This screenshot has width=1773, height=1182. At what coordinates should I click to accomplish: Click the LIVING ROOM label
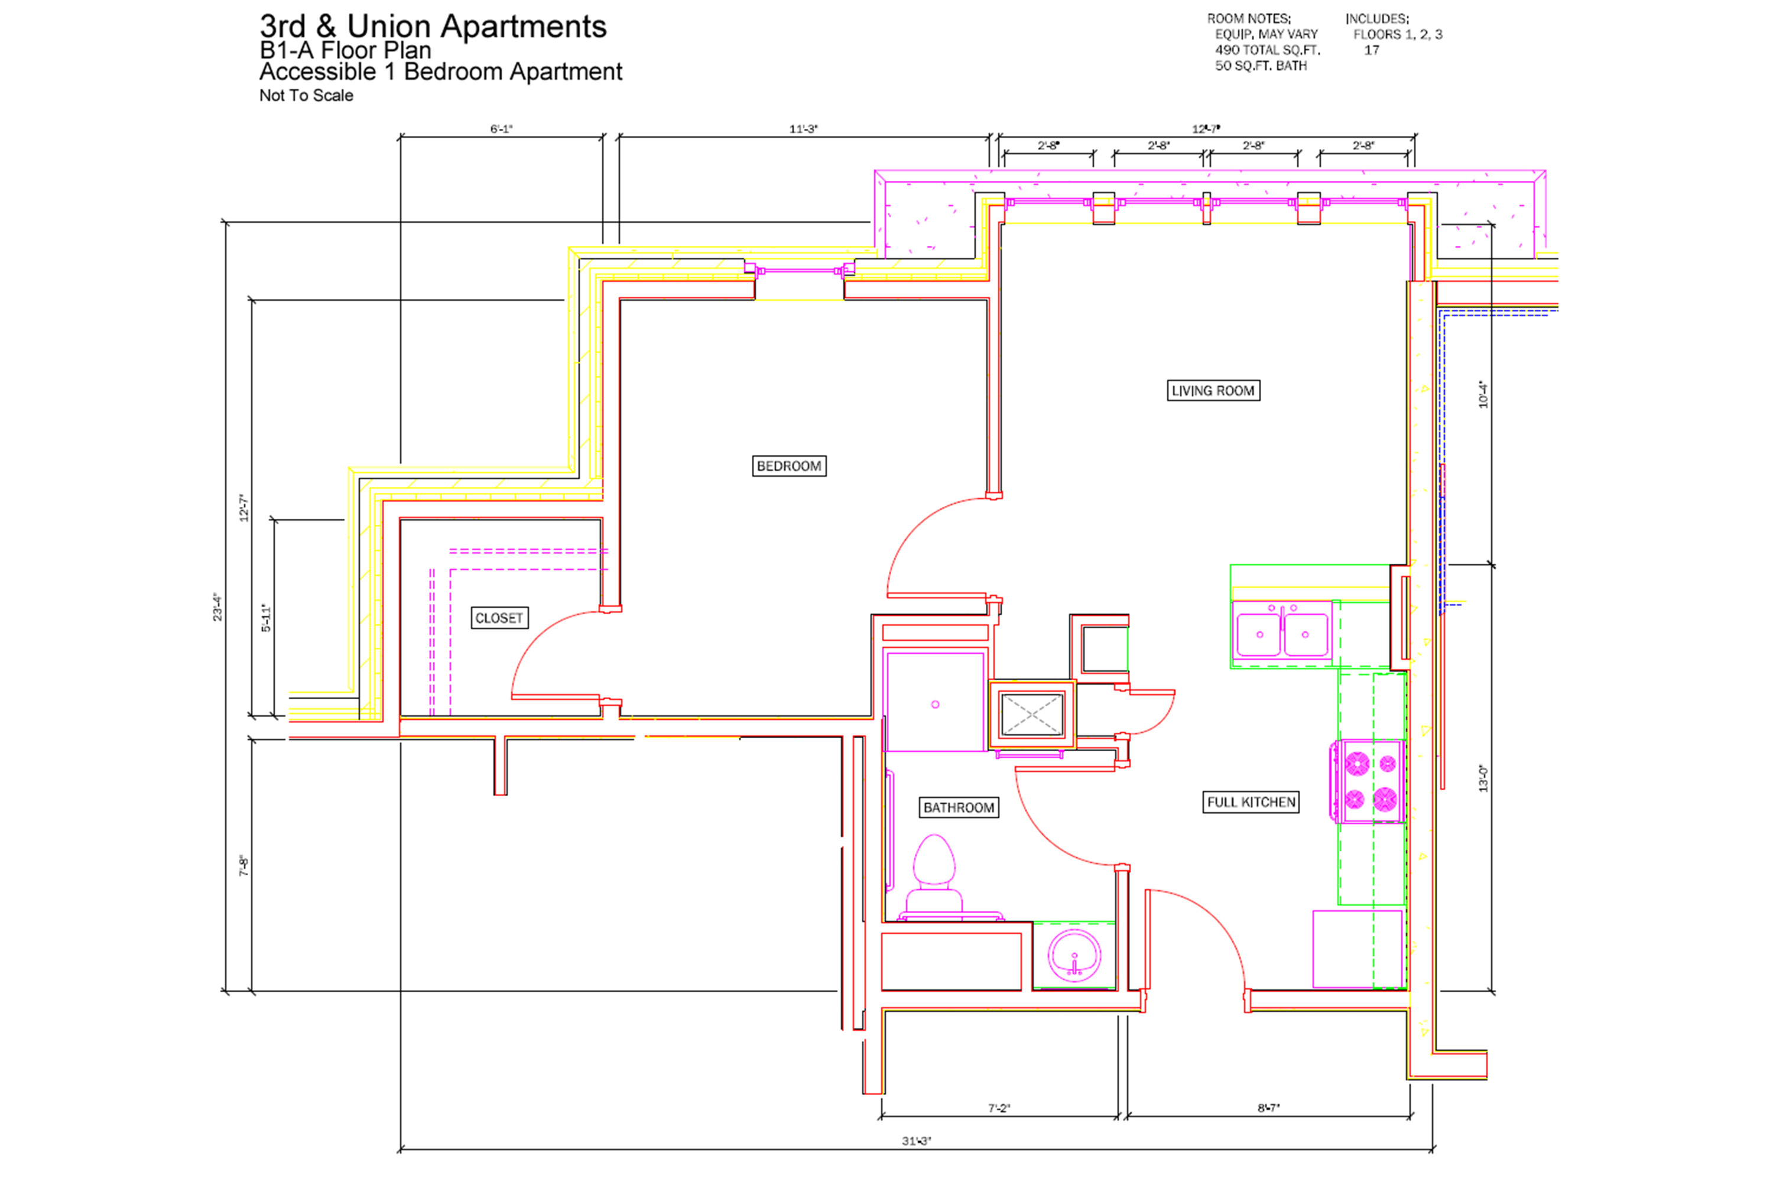pos(1213,391)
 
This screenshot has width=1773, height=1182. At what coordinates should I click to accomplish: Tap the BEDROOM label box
pos(789,466)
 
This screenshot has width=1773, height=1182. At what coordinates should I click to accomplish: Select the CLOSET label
pos(499,618)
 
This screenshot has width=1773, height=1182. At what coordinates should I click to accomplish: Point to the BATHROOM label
pos(959,807)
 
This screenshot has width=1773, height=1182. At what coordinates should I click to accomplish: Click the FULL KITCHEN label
pos(1251,802)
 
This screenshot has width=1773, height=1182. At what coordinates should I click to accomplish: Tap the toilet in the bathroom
pos(934,878)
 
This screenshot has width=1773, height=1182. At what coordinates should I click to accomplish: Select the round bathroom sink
pos(1074,955)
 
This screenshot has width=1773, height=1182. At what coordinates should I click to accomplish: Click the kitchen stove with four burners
pos(1369,781)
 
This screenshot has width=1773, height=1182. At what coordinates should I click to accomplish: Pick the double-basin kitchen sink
pos(1282,631)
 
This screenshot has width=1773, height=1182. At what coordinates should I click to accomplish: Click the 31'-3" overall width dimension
pos(917,1141)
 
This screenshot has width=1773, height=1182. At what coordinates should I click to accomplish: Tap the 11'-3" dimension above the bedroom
pos(804,129)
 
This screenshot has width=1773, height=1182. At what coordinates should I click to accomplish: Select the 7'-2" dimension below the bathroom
pos(999,1108)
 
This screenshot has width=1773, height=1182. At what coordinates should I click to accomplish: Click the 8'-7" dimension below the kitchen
pos(1269,1108)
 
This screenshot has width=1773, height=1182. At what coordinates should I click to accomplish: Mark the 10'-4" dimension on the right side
pos(1483,394)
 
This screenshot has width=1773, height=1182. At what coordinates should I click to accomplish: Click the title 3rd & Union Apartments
pos(433,27)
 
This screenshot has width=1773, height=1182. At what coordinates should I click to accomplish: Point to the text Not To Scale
pos(306,96)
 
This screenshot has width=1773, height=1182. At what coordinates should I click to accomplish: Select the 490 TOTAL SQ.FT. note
pos(1267,50)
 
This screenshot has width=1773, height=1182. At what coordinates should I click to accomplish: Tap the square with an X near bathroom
pos(1031,714)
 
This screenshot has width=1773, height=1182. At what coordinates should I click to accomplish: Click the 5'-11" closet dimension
pos(266,618)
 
